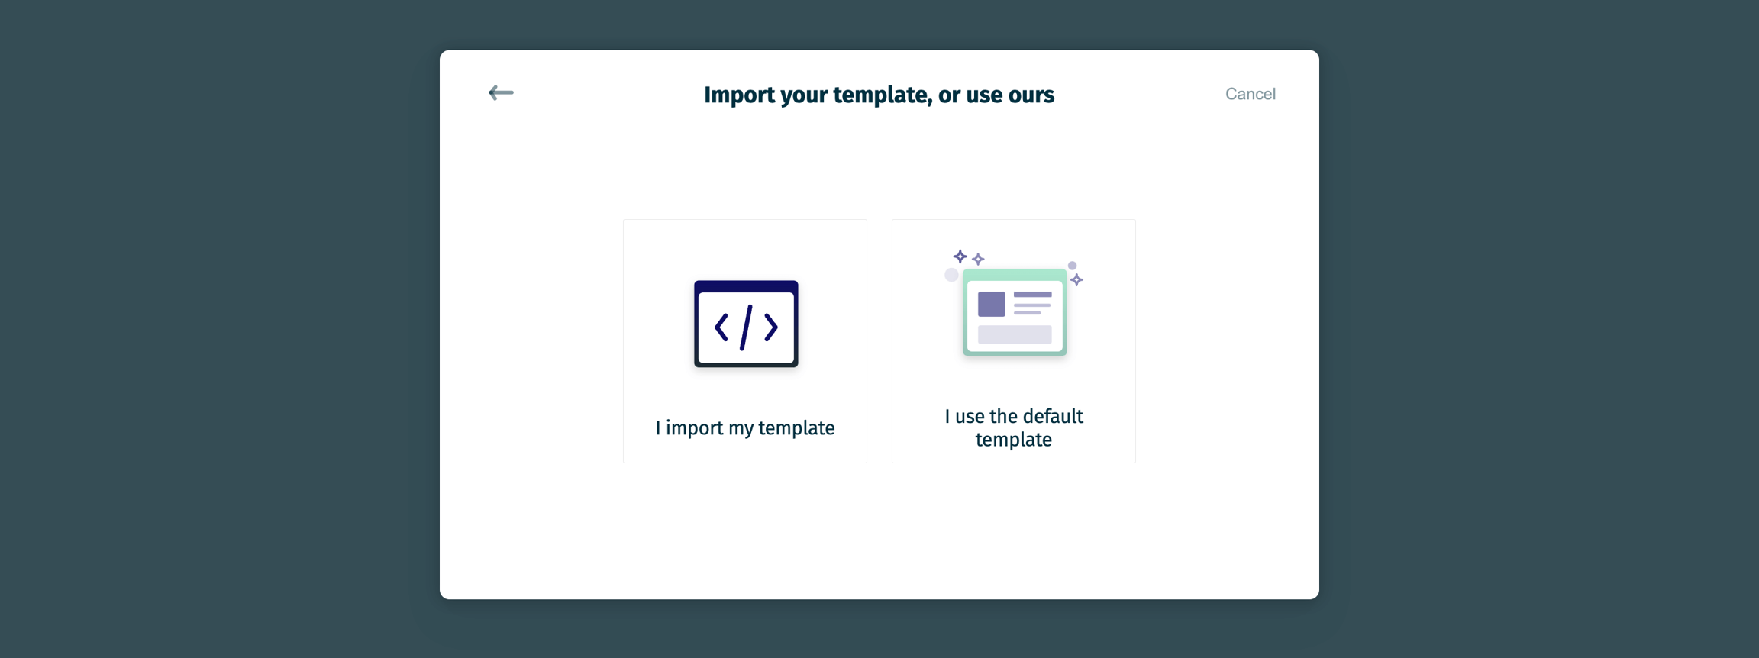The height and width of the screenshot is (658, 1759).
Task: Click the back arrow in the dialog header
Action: tap(501, 93)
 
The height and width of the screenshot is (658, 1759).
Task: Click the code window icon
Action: tap(746, 324)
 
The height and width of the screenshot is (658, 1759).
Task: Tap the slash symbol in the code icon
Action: tap(746, 327)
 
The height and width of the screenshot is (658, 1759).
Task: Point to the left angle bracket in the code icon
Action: tap(721, 327)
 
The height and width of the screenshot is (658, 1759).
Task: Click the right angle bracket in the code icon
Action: tap(771, 327)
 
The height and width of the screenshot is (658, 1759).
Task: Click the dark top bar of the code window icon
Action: tap(746, 286)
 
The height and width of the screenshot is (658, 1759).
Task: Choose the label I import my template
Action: tap(745, 427)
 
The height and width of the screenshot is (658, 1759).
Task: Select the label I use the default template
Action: tap(1014, 427)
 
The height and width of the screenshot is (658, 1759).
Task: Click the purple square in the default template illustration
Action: tap(992, 304)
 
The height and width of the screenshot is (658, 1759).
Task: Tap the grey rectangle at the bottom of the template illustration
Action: tap(1015, 334)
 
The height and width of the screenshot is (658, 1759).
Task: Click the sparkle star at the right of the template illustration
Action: tap(1076, 280)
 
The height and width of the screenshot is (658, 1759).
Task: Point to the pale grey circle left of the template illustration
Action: tap(951, 275)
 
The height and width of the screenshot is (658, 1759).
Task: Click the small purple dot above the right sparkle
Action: tap(1072, 266)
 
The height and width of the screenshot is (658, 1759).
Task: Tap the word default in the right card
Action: tap(1054, 416)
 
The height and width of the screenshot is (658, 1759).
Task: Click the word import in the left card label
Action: tap(694, 428)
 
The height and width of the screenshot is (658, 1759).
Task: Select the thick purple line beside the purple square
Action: tap(1033, 295)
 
